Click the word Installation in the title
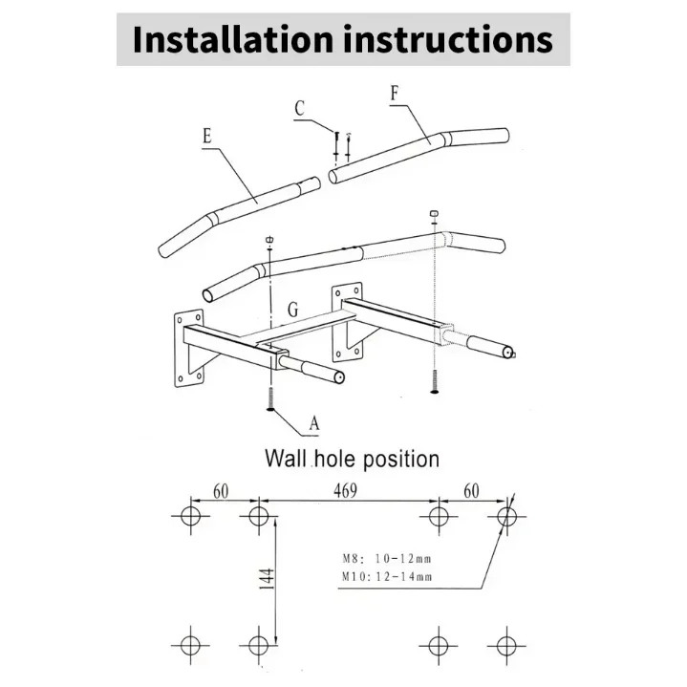click(232, 40)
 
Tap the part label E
click(207, 136)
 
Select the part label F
click(395, 94)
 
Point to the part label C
click(300, 108)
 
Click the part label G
click(293, 310)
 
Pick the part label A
click(314, 423)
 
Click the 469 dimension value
click(345, 491)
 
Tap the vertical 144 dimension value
click(267, 578)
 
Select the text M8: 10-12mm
click(387, 559)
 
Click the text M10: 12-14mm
click(387, 576)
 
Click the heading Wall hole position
click(352, 459)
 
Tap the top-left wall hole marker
click(190, 516)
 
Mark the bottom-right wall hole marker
click(506, 645)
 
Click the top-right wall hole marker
click(507, 516)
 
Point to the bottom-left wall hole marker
click(190, 645)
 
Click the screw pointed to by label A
click(270, 398)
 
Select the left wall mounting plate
click(189, 349)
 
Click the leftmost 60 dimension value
click(221, 491)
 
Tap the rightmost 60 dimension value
click(471, 491)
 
